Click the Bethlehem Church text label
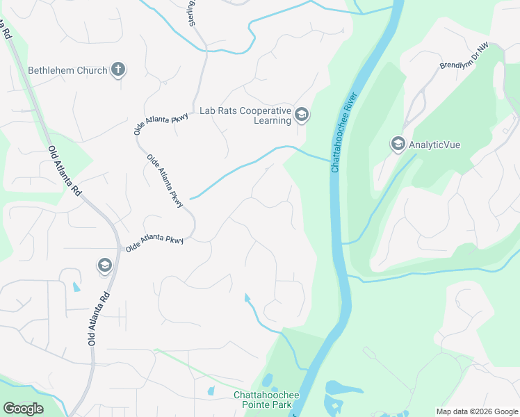[67, 70]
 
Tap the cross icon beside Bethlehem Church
[118, 69]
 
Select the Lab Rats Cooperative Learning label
[245, 115]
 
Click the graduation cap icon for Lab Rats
[301, 115]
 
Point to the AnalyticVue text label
[434, 145]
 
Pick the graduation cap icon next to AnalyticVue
[398, 144]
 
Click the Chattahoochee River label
[346, 132]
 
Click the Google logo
[23, 409]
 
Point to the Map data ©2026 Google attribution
[477, 411]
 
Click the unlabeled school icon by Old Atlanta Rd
[104, 265]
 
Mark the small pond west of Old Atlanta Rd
[76, 287]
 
